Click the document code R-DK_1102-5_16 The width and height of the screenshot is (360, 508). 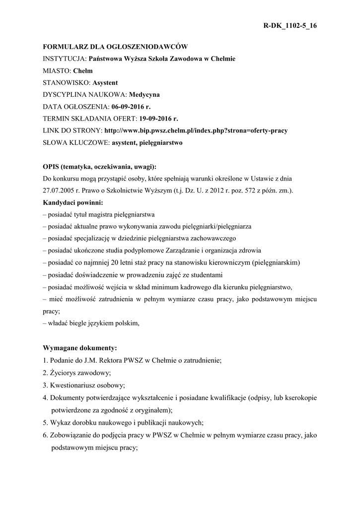(x=289, y=26)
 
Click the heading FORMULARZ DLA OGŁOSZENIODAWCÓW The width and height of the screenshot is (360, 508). (x=115, y=47)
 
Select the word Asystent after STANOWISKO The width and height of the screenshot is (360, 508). (x=105, y=82)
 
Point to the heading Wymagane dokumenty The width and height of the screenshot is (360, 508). (x=80, y=348)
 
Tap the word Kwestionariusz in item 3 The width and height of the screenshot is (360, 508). (x=75, y=384)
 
